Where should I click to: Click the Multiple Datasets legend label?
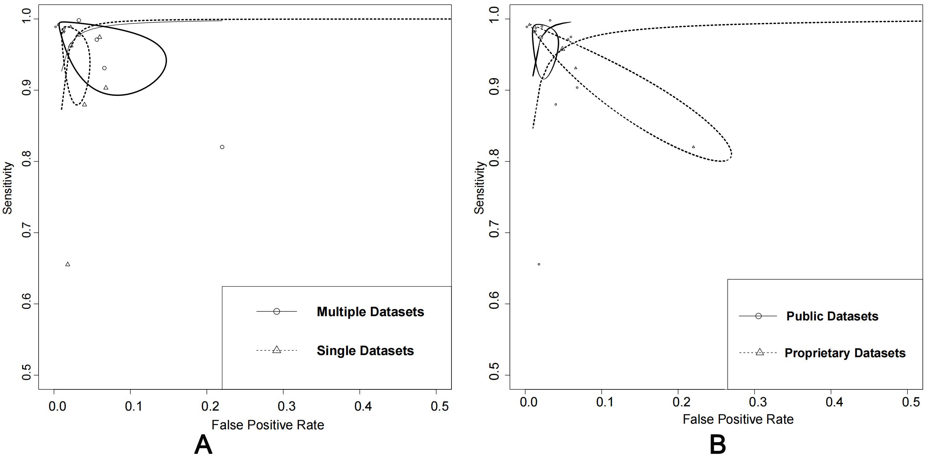click(370, 312)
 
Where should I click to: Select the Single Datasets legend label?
click(365, 351)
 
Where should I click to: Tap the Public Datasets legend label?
click(832, 316)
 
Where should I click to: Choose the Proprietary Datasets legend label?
click(845, 353)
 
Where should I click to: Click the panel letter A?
click(203, 445)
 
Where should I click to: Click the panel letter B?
click(718, 445)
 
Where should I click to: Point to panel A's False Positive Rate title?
click(267, 425)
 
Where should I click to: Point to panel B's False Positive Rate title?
click(738, 419)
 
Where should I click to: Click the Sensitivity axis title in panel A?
click(7, 188)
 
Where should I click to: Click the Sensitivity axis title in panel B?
click(479, 188)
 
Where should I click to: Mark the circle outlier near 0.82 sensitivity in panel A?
click(222, 147)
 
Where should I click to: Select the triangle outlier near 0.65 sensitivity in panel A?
click(68, 264)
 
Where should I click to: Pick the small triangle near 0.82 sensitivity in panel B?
click(693, 147)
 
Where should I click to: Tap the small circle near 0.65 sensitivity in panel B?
click(539, 264)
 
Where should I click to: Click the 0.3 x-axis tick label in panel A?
click(287, 406)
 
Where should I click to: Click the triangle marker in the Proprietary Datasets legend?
click(760, 352)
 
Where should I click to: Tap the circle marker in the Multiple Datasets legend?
click(276, 312)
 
